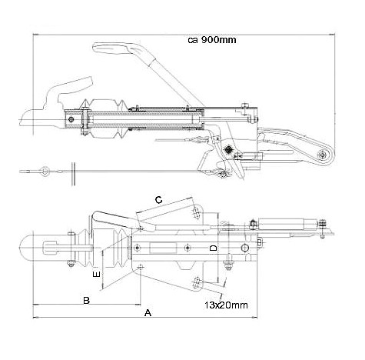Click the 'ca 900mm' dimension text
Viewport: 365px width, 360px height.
212,40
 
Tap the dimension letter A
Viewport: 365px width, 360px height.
148,313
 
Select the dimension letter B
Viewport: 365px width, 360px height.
87,300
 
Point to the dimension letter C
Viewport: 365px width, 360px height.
159,200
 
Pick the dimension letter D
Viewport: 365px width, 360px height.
214,248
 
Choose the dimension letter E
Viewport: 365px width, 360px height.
96,274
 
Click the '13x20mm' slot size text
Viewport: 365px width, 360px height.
226,305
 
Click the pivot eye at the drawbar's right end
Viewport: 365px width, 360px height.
322,155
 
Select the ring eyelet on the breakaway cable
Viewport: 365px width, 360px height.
44,171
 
